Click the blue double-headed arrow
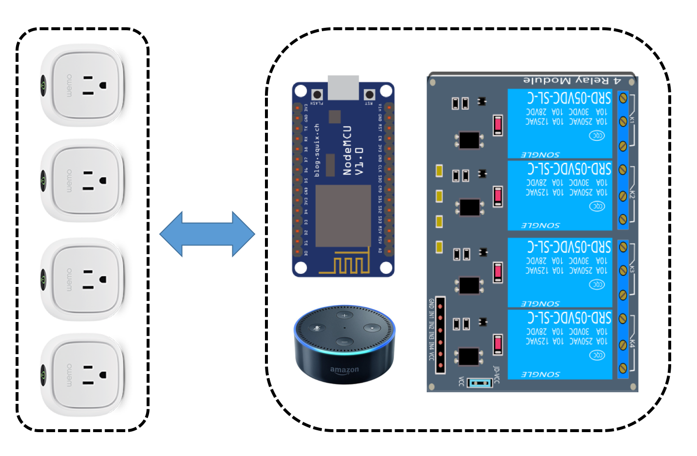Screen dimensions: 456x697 pyautogui.click(x=207, y=234)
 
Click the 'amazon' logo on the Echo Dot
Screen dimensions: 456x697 pyautogui.click(x=344, y=370)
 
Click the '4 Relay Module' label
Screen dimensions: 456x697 pyautogui.click(x=572, y=80)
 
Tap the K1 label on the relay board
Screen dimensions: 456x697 pyautogui.click(x=632, y=119)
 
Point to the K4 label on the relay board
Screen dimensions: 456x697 pyautogui.click(x=632, y=343)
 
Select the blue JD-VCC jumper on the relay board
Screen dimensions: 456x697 pyautogui.click(x=480, y=382)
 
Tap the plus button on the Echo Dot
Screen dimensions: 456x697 pyautogui.click(x=345, y=315)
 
